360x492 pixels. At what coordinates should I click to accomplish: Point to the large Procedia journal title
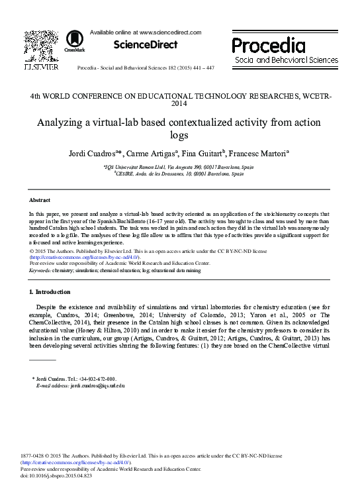tap(268, 45)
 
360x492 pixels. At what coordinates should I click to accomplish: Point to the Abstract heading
tap(40, 199)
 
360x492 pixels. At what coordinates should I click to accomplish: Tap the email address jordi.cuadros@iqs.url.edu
tap(89, 385)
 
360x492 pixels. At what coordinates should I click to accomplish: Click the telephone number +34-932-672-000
tap(97, 379)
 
